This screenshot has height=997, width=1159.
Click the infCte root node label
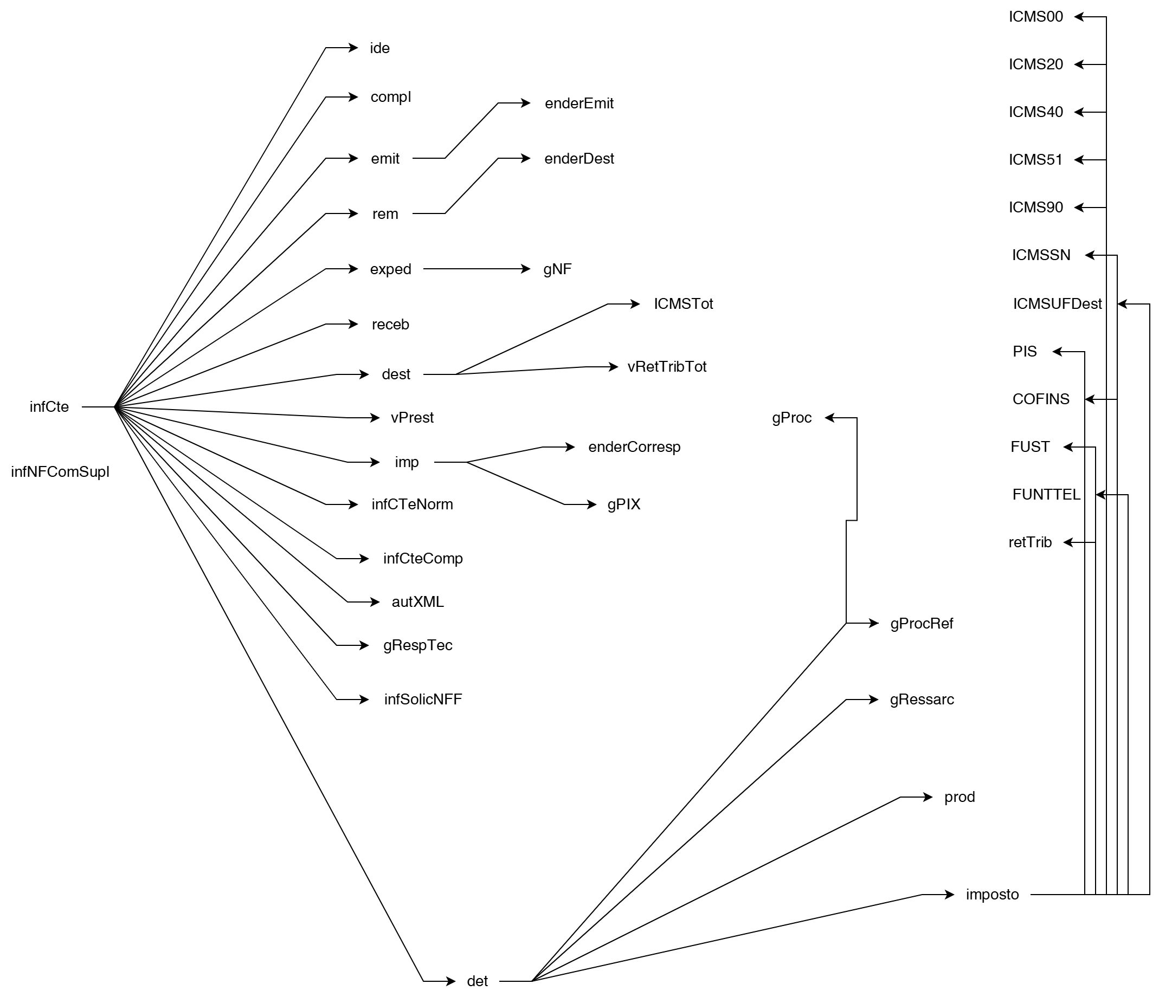(x=49, y=407)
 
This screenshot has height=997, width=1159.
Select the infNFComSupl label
(x=60, y=472)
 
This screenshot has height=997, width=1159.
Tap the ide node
(x=380, y=49)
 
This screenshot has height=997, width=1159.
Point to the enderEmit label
(x=579, y=103)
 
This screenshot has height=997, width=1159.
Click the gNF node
(x=557, y=269)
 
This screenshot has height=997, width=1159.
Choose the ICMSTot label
(x=683, y=304)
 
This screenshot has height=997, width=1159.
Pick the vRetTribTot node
(x=667, y=367)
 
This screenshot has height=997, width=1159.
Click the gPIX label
(x=624, y=504)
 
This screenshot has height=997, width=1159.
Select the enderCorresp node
(x=634, y=448)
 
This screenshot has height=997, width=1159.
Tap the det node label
(x=477, y=981)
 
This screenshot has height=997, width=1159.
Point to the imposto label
(x=993, y=895)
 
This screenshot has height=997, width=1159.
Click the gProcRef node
(x=921, y=624)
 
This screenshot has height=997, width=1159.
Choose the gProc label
(x=791, y=418)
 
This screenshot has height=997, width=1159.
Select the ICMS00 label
(x=1035, y=17)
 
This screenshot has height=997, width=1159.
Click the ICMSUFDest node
(x=1057, y=304)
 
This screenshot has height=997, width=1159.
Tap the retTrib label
(x=1030, y=542)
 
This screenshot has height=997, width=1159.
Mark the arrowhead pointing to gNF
(x=526, y=269)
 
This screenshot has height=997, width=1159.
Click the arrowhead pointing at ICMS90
(x=1079, y=208)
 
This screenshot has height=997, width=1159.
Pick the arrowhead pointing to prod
(x=929, y=798)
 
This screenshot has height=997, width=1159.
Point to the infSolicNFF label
(x=423, y=700)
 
